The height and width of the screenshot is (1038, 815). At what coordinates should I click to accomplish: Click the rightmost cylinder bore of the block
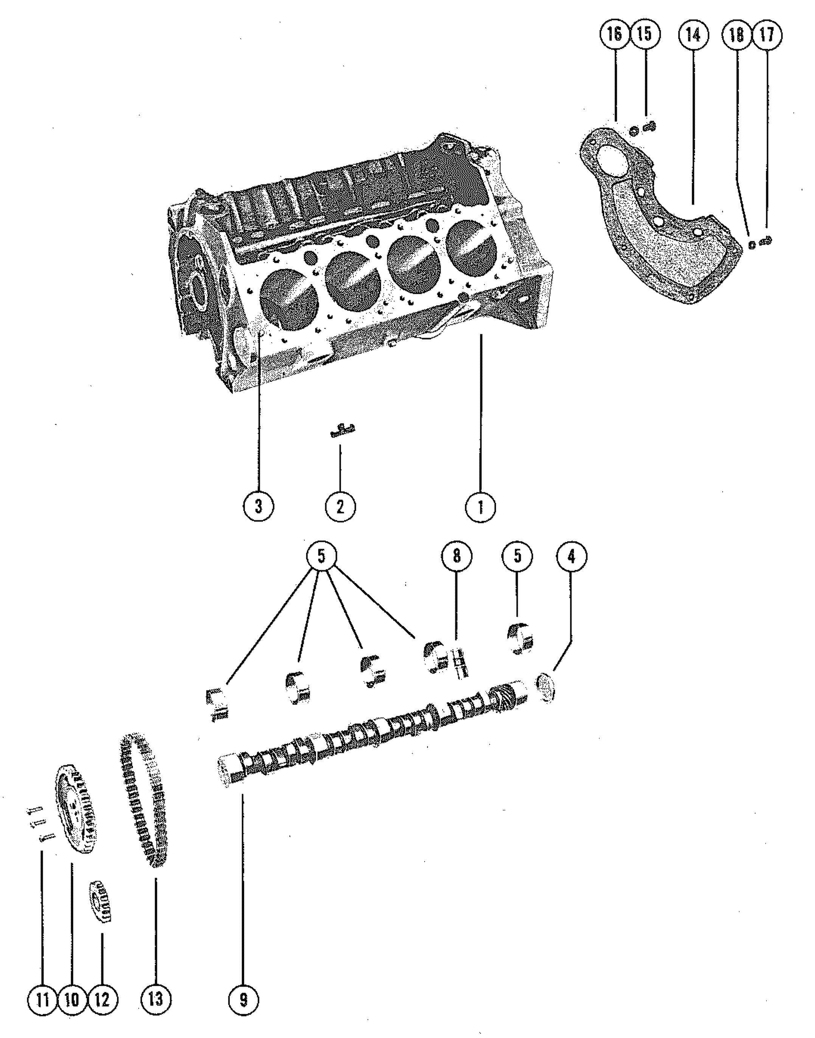[467, 246]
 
